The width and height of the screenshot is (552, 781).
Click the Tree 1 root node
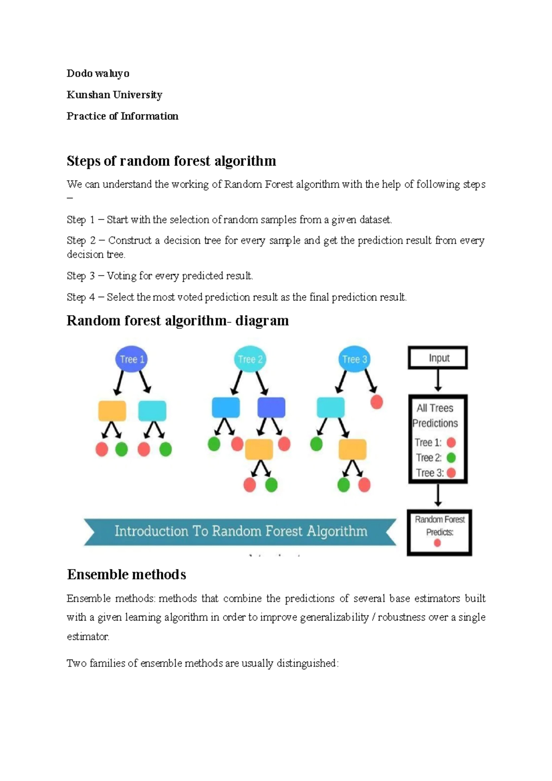point(132,359)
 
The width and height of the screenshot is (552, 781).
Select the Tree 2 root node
point(250,359)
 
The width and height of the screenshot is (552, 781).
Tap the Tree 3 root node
point(355,359)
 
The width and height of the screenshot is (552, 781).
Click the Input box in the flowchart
point(438,358)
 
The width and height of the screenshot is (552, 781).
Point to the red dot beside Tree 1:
point(451,442)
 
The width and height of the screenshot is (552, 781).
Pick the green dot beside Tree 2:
point(451,458)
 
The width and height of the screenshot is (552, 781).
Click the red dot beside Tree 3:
point(451,473)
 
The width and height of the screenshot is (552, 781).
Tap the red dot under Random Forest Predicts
point(437,543)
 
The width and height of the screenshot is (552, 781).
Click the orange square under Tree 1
point(112,411)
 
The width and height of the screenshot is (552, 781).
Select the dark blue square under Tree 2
point(271,408)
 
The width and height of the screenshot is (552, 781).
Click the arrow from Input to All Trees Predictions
point(438,381)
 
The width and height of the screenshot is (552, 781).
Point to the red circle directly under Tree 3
point(377,402)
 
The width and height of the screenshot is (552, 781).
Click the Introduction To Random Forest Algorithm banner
point(240,532)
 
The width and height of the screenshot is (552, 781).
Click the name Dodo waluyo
point(98,74)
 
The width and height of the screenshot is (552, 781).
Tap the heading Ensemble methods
point(126,574)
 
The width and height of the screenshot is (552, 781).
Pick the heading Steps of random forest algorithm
point(171,161)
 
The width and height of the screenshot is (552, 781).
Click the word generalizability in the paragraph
point(334,617)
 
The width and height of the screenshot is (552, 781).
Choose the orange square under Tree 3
point(352,449)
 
